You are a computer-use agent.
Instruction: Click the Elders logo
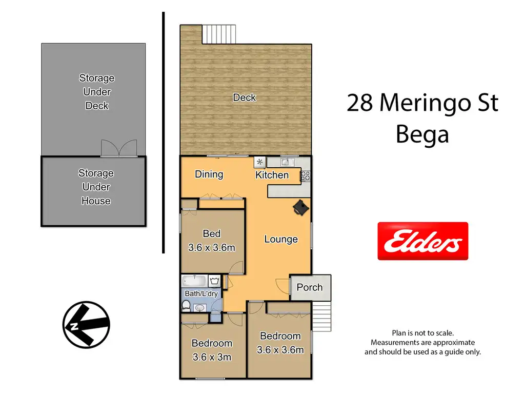(x=422, y=241)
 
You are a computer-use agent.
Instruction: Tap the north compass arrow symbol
(x=86, y=324)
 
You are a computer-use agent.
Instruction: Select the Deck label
(x=245, y=97)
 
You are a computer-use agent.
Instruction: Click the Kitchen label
(x=272, y=175)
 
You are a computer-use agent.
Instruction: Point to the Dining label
(x=209, y=174)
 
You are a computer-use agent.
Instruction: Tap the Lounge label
(x=281, y=239)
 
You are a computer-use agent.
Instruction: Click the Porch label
(x=310, y=287)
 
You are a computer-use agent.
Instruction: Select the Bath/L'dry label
(x=201, y=293)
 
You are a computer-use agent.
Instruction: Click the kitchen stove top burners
(x=306, y=176)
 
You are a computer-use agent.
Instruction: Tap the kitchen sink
(x=286, y=162)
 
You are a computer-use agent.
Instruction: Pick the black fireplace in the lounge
(x=300, y=207)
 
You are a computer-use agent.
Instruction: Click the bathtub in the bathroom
(x=194, y=281)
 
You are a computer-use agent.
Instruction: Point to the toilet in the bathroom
(x=186, y=305)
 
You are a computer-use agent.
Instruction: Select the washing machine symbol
(x=214, y=281)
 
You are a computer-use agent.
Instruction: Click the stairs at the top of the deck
(x=219, y=34)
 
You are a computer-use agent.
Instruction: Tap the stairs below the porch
(x=322, y=316)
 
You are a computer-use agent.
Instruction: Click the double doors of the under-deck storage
(x=119, y=148)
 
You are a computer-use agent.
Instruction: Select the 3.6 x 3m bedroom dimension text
(x=212, y=357)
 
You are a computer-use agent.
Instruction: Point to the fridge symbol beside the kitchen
(x=259, y=162)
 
